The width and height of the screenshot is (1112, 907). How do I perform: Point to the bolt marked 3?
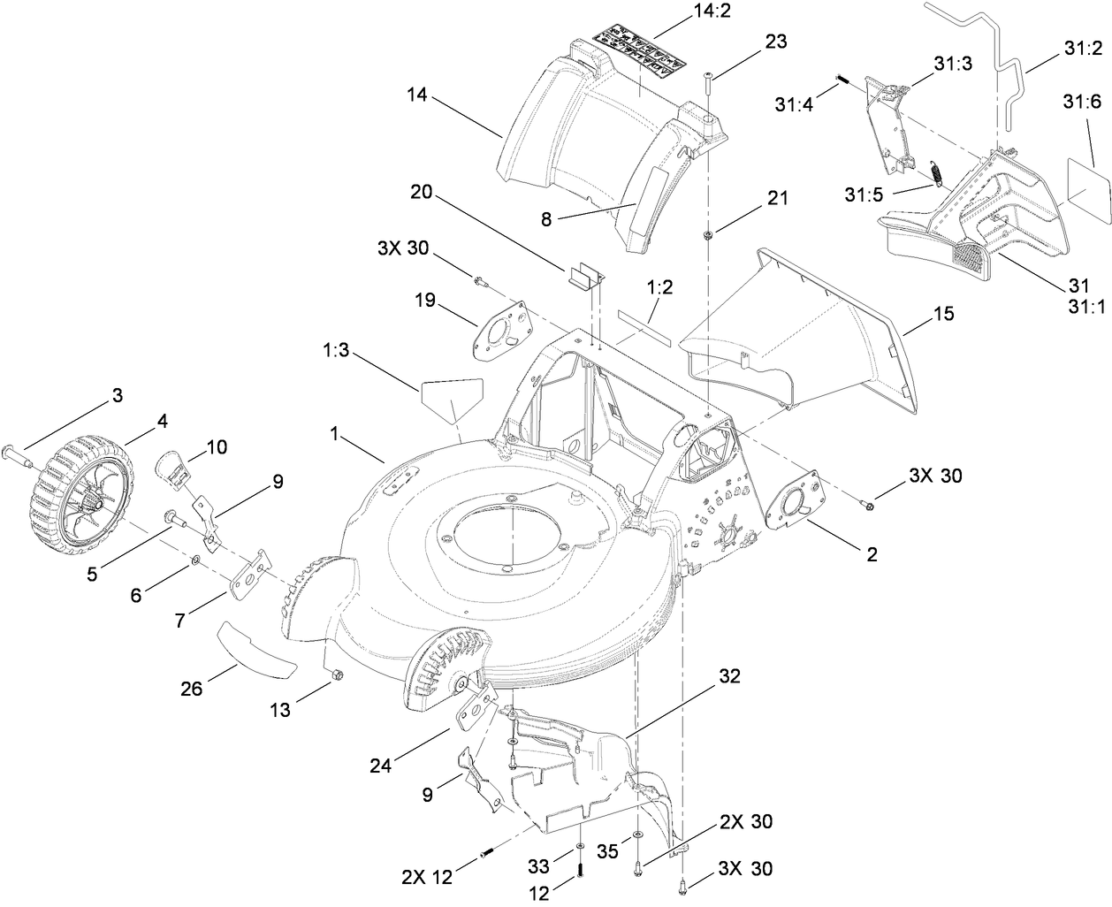coord(18,455)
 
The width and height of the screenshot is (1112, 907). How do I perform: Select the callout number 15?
coord(944,314)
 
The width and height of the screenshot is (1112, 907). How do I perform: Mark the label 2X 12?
coord(425,877)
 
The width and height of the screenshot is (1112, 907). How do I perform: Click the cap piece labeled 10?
coord(173,466)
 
